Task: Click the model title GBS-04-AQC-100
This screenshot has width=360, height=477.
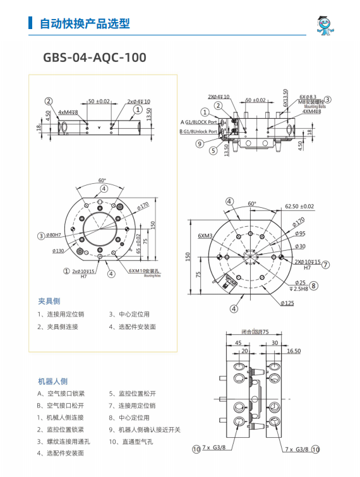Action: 94,57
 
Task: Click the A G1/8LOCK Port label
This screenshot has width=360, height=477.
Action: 199,121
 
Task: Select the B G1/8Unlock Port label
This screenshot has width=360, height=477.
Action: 198,131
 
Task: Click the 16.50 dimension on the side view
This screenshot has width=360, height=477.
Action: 293,350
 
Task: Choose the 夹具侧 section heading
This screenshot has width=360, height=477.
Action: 49,301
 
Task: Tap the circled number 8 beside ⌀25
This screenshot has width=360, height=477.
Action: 314,285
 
